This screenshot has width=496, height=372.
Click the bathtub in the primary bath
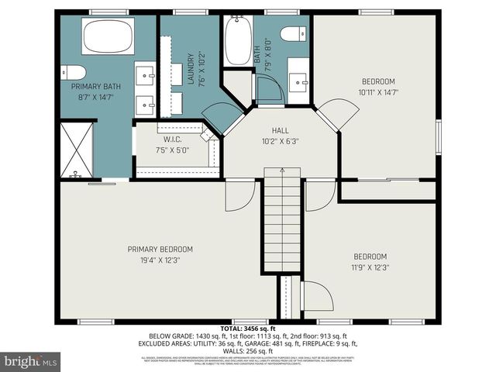pyautogui.click(x=108, y=37)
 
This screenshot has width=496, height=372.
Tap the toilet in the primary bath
pyautogui.click(x=74, y=73)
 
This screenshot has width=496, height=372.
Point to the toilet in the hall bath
pyautogui.click(x=294, y=34)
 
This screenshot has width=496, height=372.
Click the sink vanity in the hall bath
pyautogui.click(x=298, y=81)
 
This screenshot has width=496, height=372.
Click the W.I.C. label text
pyautogui.click(x=172, y=140)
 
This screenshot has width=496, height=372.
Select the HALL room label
pyautogui.click(x=280, y=131)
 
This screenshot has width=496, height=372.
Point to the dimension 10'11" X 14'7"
pyautogui.click(x=378, y=92)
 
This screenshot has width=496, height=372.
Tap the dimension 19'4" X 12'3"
pyautogui.click(x=160, y=260)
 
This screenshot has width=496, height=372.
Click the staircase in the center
pyautogui.click(x=283, y=225)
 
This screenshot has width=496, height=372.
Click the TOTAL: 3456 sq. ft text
pyautogui.click(x=248, y=329)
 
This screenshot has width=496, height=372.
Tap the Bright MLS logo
pyautogui.click(x=31, y=361)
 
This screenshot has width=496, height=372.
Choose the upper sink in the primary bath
pyautogui.click(x=145, y=74)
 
